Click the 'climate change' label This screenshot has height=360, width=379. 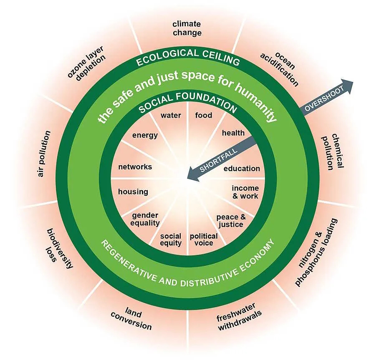point(187,28)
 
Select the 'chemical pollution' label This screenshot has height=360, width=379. point(333,151)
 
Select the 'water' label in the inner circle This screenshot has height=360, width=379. point(171,115)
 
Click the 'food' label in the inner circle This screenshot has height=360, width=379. point(204,115)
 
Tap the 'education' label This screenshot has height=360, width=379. point(242,169)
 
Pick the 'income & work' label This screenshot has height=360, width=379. point(245,192)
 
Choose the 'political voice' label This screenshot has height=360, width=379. point(204,239)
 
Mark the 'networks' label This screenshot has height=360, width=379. point(135,167)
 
